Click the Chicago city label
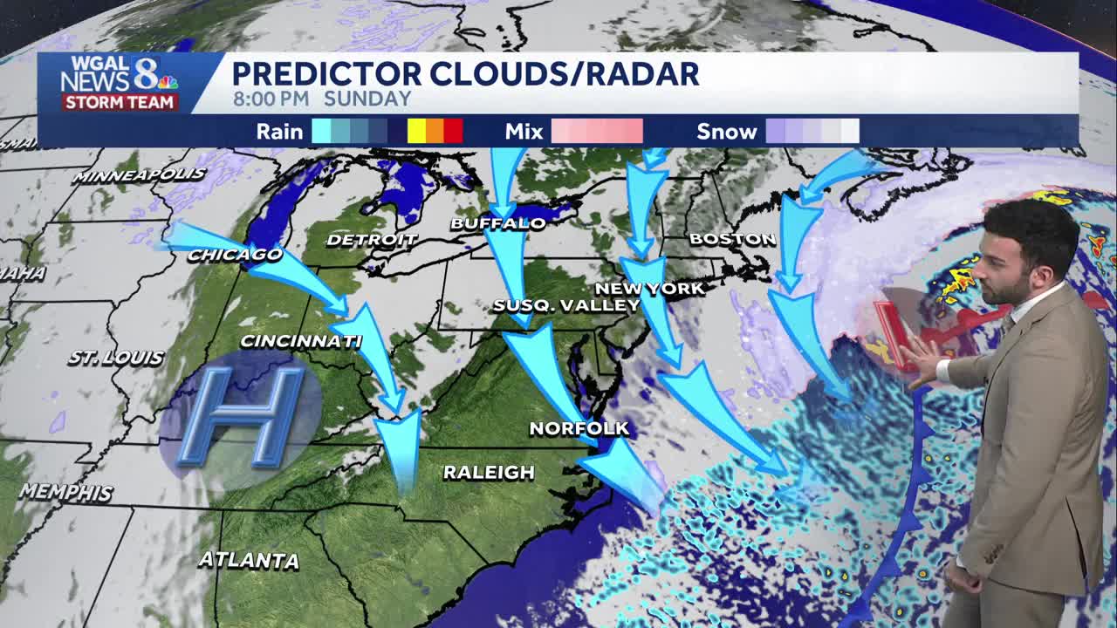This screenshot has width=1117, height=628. tap(235, 255)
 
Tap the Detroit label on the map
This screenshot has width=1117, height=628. tap(372, 239)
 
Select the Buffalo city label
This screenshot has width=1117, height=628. tap(497, 224)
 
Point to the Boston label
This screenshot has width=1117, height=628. tap(732, 238)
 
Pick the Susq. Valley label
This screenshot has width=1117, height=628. tap(566, 305)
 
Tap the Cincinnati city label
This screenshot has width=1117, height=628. tap(300, 341)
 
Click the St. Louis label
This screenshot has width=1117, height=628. tap(115, 358)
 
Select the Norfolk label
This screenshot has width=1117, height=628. tap(579, 428)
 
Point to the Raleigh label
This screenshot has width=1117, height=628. tap(489, 473)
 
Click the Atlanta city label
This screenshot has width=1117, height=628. tap(249, 560)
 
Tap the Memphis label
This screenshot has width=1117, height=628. tap(65, 492)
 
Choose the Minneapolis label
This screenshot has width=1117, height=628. tap(139, 175)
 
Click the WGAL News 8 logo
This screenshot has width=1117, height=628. tap(119, 83)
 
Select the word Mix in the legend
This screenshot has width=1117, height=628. tap(524, 132)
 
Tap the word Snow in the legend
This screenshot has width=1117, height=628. tap(726, 132)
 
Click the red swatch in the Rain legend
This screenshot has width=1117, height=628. tap(453, 132)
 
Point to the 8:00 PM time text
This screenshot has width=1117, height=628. tap(271, 99)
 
